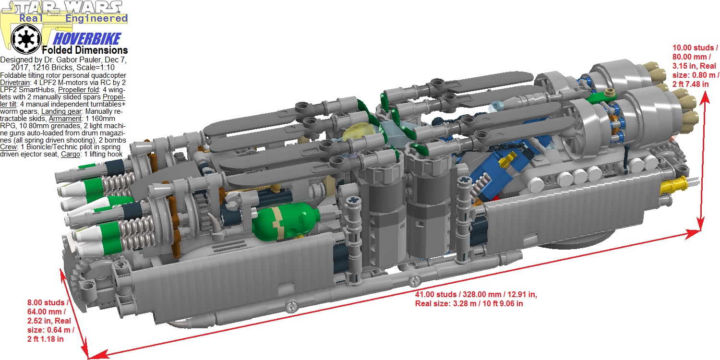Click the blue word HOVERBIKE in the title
click(x=87, y=39)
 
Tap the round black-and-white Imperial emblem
click(x=26, y=39)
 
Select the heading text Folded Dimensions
click(x=85, y=50)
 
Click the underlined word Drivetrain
click(x=15, y=83)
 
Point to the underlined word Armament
click(x=65, y=119)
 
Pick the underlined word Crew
click(x=8, y=147)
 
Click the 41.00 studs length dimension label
click(x=476, y=299)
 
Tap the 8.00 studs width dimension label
click(x=50, y=321)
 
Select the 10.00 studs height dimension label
click(x=696, y=66)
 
